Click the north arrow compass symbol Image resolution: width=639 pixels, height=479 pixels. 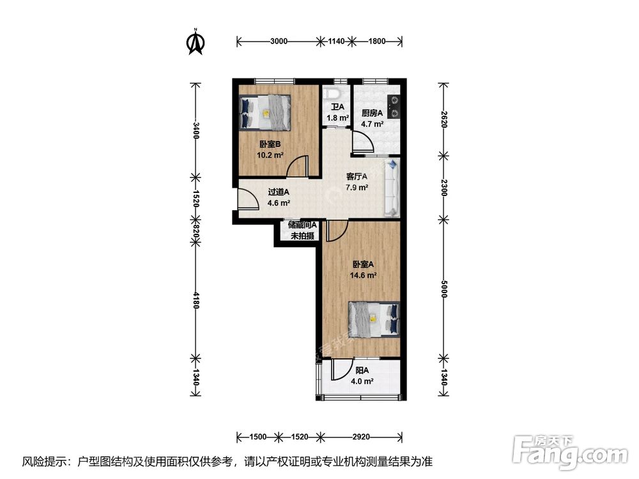196,42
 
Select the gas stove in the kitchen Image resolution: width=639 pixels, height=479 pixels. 394,106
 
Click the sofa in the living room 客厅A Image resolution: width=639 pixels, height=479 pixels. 392,188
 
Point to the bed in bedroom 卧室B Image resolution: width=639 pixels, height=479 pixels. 265,112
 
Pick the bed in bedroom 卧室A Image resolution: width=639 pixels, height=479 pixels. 374,320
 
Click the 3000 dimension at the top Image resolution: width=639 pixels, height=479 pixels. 279,41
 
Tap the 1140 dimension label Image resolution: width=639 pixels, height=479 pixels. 337,41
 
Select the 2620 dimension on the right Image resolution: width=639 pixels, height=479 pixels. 444,120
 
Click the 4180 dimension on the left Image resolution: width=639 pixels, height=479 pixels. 196,300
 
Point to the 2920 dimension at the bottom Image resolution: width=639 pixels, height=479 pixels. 361,437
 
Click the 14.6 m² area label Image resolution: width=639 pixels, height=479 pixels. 363,275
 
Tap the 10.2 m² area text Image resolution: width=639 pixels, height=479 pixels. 270,155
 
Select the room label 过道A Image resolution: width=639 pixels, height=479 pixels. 279,192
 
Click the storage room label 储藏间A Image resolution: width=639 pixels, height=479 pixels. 302,225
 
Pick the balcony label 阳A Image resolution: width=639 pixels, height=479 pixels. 362,370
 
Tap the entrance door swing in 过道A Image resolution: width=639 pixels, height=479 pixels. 249,199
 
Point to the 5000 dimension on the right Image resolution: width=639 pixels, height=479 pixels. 444,289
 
